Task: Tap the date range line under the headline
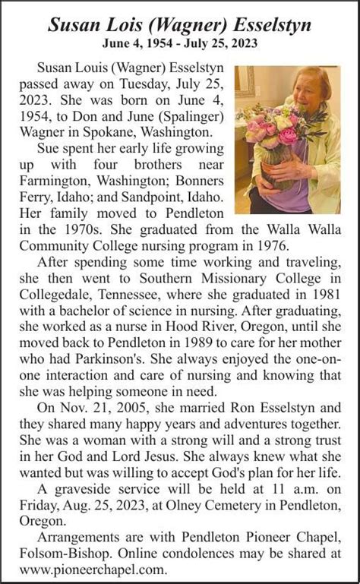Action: click(180, 44)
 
